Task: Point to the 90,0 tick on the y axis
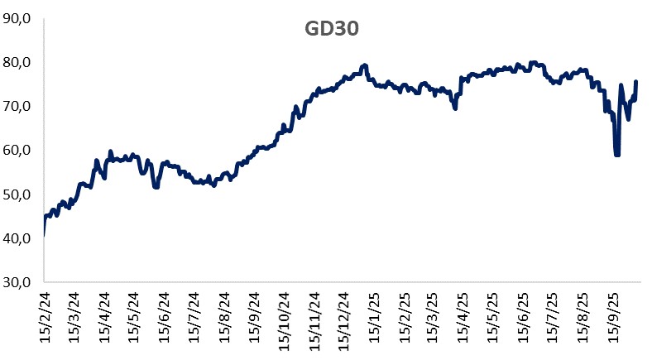tap(17, 18)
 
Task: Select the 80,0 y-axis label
tap(17, 62)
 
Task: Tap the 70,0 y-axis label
tap(17, 106)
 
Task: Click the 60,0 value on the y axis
tap(17, 150)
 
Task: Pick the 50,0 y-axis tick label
tap(17, 194)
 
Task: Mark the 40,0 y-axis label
tap(17, 238)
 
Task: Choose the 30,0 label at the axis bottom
tap(17, 282)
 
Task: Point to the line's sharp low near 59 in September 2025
tap(616, 154)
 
